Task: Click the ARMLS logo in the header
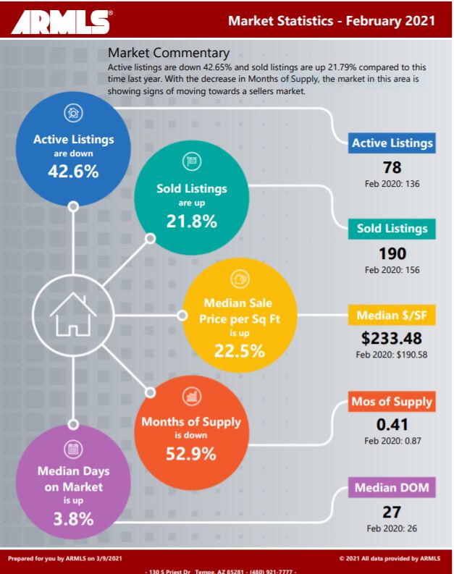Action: pos(62,22)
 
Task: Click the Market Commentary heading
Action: pos(169,53)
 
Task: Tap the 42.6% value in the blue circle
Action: pos(73,171)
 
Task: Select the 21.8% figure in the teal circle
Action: pos(191,221)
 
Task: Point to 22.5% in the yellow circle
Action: pos(240,350)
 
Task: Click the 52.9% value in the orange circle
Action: pos(191,454)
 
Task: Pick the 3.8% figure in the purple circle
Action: pos(73,519)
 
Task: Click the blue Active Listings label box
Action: pos(392,143)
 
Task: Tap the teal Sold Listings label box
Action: pos(392,229)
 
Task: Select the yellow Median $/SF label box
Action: pos(392,315)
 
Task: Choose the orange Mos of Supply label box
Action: pos(392,402)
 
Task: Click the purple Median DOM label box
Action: pos(392,488)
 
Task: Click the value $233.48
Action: pos(392,338)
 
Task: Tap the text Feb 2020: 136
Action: pos(392,184)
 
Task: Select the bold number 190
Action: pos(392,253)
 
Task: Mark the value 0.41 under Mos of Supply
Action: pos(392,425)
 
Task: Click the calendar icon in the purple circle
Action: pos(73,449)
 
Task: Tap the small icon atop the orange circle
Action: pos(191,397)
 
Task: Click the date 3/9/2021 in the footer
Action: pos(109,559)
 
